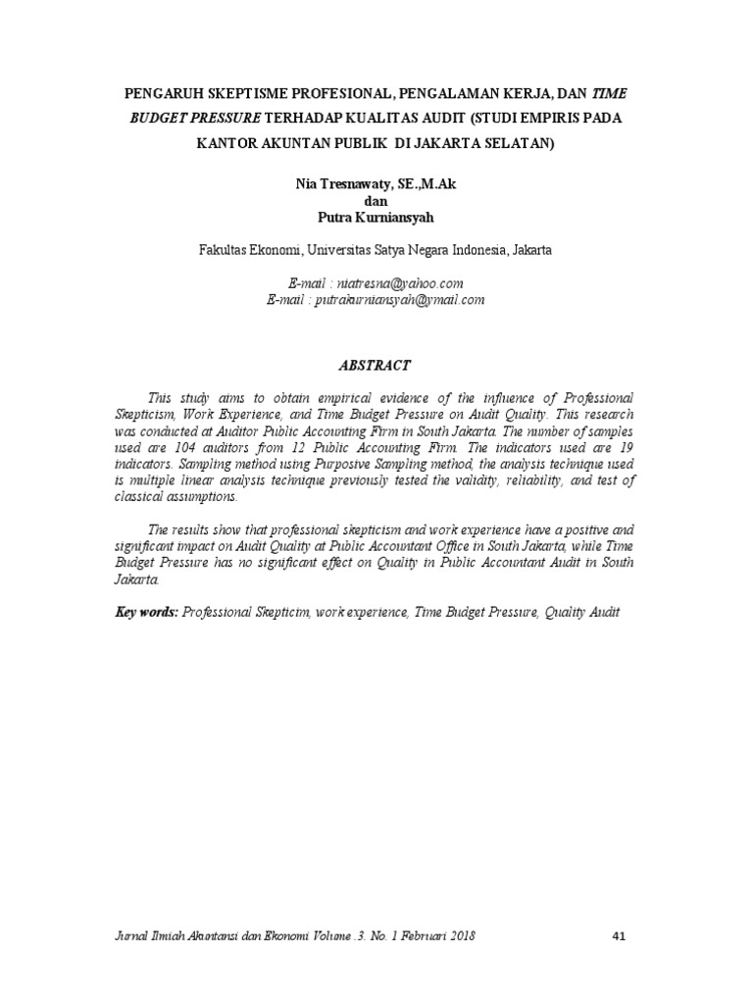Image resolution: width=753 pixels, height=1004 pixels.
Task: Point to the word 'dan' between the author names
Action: [376, 200]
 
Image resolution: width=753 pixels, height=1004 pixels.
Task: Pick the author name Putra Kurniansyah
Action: [376, 216]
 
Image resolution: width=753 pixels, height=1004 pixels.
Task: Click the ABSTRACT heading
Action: [376, 365]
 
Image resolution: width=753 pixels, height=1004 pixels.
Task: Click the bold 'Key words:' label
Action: [145, 612]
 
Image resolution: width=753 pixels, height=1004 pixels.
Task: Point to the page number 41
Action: [618, 936]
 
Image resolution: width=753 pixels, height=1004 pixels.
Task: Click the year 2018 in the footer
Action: [460, 936]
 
